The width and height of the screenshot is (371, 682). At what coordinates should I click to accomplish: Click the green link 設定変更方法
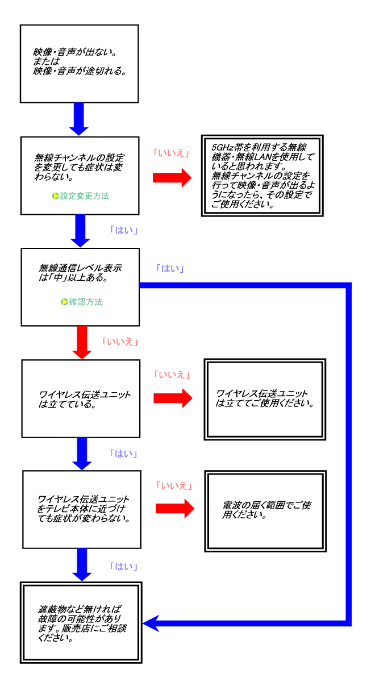point(84,196)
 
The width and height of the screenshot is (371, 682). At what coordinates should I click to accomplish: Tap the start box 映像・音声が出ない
point(80,64)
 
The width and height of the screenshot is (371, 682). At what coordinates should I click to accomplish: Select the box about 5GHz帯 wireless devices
point(262,176)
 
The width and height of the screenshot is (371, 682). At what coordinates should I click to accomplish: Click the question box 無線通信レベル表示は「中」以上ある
point(80,286)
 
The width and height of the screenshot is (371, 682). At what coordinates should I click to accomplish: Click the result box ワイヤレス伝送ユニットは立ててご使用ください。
point(265,400)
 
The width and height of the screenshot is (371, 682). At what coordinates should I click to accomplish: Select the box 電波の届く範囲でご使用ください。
point(265,511)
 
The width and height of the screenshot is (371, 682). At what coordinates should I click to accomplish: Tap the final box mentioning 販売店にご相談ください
point(81,622)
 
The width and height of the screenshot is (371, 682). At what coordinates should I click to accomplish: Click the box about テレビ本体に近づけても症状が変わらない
point(81,509)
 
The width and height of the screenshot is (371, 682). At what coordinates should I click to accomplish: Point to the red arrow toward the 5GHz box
point(172,177)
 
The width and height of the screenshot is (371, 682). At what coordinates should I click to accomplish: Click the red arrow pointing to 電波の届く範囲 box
point(174,508)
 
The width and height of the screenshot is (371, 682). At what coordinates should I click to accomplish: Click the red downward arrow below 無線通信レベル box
point(82,342)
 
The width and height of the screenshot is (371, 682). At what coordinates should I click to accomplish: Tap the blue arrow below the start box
point(79,118)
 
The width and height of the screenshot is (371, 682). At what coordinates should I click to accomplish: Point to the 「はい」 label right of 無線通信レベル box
point(169,268)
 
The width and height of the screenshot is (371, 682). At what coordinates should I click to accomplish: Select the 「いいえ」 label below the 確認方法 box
point(120,342)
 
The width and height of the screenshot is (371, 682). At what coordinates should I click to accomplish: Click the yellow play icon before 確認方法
point(64,302)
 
